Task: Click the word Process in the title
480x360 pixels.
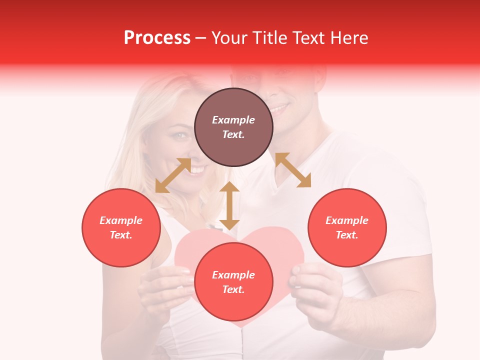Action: [157, 38]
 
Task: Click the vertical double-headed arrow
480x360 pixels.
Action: [229, 205]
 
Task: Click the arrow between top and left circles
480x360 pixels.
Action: [173, 175]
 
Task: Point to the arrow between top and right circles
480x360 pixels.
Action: [293, 170]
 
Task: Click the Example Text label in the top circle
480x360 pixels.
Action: [233, 127]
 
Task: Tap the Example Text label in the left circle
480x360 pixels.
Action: [121, 227]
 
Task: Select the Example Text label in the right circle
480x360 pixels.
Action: [346, 227]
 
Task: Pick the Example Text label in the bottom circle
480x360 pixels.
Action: [233, 282]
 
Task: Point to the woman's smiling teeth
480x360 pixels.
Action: [197, 170]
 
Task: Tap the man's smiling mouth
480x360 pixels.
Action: [279, 107]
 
